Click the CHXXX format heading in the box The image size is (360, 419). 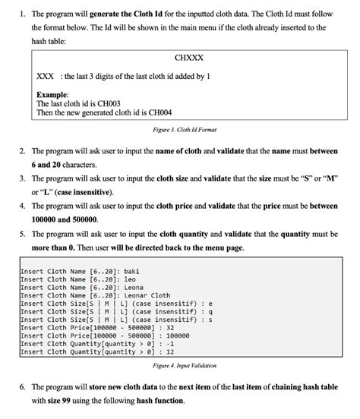click(188, 58)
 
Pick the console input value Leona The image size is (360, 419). click(135, 287)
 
